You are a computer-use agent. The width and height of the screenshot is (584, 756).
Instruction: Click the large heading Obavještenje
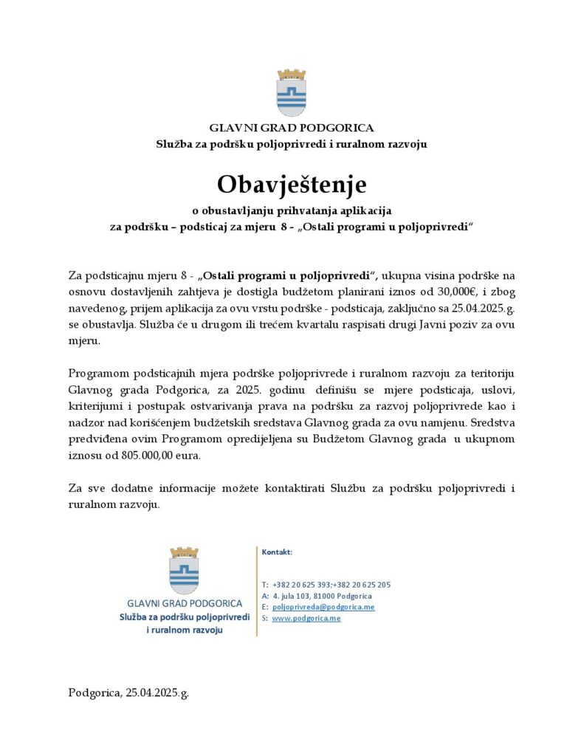[x=291, y=182]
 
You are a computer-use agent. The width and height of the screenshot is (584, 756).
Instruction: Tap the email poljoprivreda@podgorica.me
[x=323, y=607]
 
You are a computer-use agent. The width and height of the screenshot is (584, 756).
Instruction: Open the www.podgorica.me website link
[x=306, y=618]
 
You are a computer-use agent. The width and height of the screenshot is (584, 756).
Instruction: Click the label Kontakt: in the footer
[x=277, y=551]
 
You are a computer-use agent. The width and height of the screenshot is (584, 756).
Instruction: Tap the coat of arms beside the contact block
[x=184, y=570]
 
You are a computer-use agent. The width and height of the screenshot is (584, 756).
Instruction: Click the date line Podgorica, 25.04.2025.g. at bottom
[x=128, y=693]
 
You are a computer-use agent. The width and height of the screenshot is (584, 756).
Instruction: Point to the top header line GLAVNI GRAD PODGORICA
[x=291, y=128]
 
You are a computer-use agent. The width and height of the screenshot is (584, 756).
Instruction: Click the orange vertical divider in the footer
[x=257, y=591]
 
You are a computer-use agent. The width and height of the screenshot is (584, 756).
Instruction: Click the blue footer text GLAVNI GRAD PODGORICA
[x=184, y=602]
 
